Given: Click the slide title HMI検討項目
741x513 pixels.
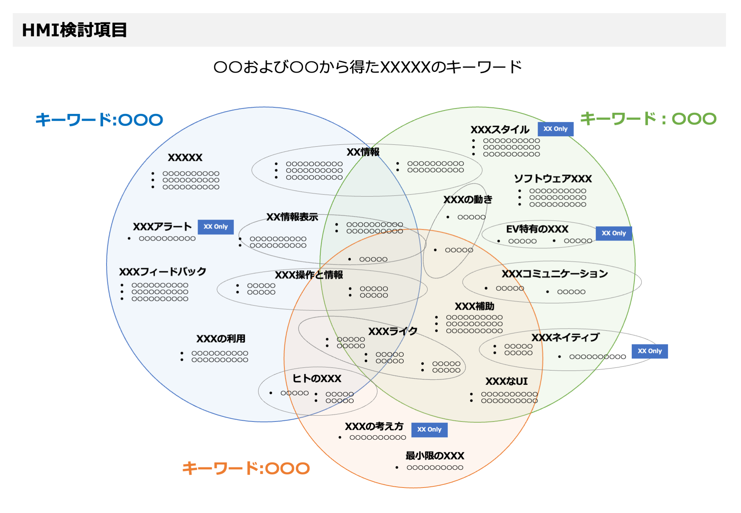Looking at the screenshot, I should click(74, 30).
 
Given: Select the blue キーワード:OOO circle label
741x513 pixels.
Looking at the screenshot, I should click(99, 120).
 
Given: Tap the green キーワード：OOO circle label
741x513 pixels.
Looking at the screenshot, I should click(648, 119).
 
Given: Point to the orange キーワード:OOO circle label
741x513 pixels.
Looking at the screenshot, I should click(246, 468).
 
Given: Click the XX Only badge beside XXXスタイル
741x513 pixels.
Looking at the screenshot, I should click(555, 129).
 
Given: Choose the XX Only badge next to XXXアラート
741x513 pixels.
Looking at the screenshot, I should click(216, 227).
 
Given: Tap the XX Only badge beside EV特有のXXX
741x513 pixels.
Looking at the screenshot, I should click(614, 233).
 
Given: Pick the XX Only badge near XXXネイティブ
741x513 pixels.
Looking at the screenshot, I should click(650, 351).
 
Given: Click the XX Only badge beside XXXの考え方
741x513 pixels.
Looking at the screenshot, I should click(429, 429).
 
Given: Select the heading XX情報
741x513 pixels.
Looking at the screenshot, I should click(363, 152).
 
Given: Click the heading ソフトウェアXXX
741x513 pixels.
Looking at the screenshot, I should click(553, 178).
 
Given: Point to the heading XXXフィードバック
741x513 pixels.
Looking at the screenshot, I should click(162, 272).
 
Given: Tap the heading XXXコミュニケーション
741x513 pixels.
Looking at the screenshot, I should click(555, 274).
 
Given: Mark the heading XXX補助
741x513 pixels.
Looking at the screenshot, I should click(474, 306).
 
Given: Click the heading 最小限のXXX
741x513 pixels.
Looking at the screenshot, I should click(435, 455).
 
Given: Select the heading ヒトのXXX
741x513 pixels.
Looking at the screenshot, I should click(317, 378).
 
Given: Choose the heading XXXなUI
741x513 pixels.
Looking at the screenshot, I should click(506, 381).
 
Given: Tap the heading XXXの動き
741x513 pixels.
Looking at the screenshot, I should click(468, 200).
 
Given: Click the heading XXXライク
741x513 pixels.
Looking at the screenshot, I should click(393, 331).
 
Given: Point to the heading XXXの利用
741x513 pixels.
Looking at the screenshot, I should click(221, 339).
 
